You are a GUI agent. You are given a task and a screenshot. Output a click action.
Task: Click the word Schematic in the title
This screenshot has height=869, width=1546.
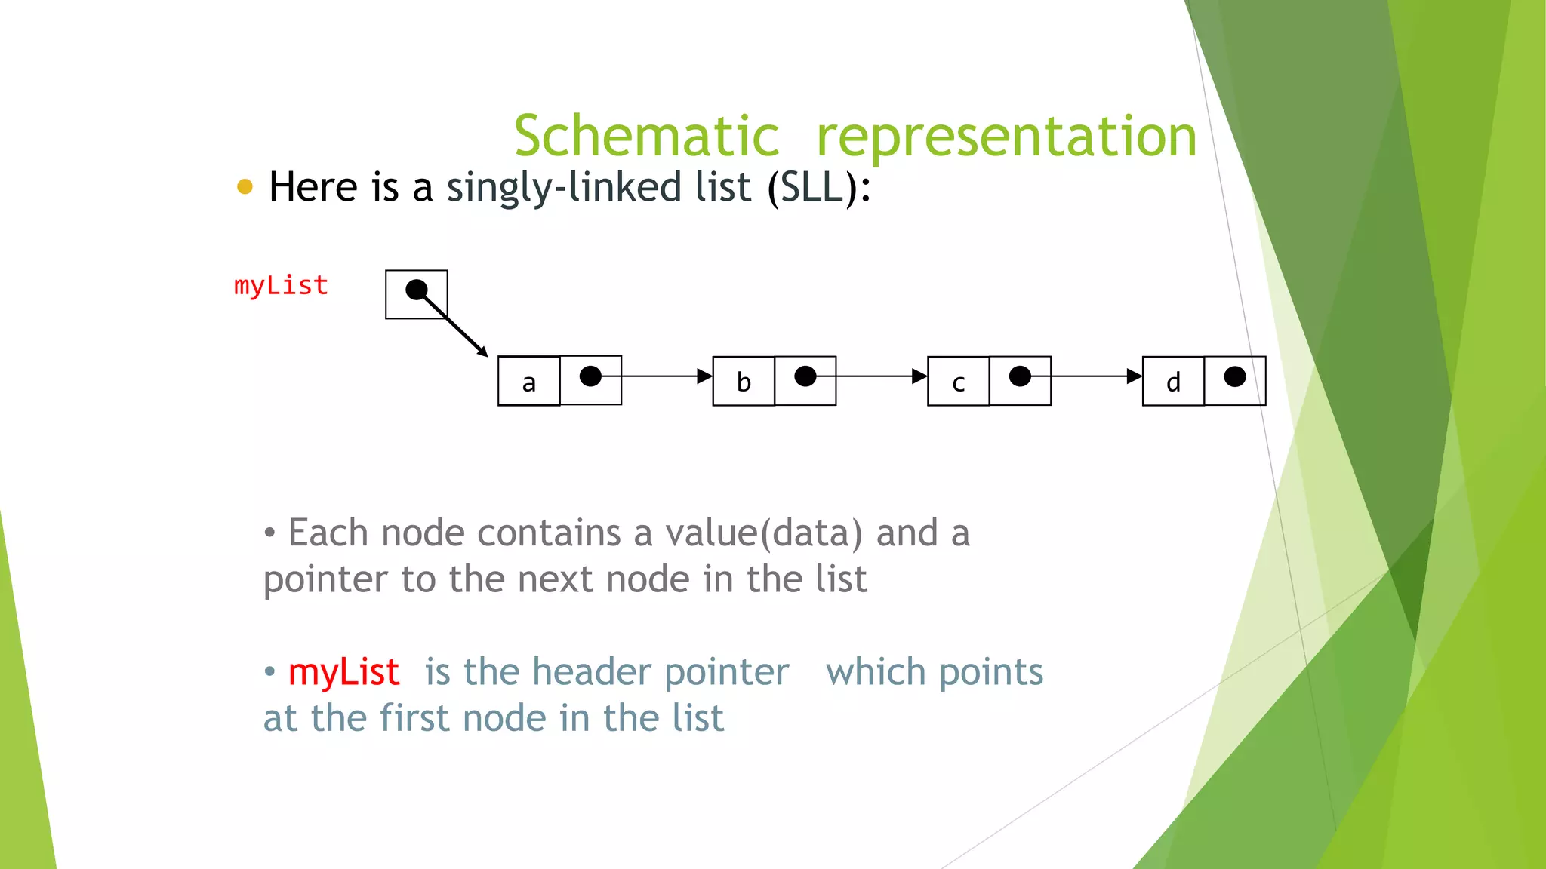tap(646, 136)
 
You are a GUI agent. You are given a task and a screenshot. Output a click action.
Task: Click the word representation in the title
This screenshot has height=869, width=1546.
tap(1007, 137)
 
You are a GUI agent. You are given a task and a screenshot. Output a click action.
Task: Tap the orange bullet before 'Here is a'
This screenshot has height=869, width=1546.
tap(245, 186)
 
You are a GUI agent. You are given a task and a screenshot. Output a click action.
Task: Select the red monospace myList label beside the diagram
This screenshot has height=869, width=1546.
tap(281, 286)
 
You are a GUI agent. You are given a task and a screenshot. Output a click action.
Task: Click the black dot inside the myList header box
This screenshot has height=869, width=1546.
tap(417, 290)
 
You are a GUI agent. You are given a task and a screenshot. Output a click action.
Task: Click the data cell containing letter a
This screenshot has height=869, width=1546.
tap(529, 382)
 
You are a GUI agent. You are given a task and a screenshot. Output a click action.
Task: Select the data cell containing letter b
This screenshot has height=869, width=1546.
tap(744, 382)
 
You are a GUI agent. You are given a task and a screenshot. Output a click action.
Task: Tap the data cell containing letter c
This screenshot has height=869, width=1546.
tap(959, 382)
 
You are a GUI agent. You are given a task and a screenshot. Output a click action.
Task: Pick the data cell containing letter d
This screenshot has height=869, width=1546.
tap(1173, 382)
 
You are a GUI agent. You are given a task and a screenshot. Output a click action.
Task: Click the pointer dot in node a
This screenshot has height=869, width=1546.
tap(590, 376)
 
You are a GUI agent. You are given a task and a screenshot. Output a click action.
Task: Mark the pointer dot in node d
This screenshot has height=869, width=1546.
tap(1235, 376)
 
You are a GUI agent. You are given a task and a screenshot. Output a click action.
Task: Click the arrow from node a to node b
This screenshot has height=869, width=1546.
tap(657, 376)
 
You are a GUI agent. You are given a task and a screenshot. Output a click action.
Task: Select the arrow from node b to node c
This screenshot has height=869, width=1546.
tap(872, 376)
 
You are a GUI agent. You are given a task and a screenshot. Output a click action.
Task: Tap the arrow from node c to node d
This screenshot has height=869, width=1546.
tap(1087, 376)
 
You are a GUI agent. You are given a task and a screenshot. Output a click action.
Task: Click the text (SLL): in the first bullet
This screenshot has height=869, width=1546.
tap(819, 187)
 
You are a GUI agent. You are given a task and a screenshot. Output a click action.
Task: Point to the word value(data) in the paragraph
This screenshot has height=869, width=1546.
tap(764, 533)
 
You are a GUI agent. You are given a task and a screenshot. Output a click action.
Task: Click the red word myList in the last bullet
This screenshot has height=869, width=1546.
tap(343, 672)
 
